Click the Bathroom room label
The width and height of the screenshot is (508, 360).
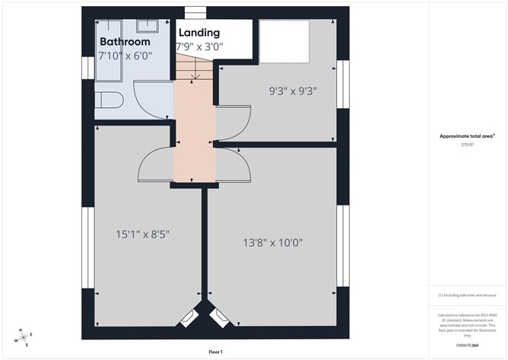click(125, 43)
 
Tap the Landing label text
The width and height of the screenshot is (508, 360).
click(199, 33)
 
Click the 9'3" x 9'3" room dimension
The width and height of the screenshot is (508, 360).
click(293, 91)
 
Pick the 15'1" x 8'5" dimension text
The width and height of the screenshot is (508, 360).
click(144, 234)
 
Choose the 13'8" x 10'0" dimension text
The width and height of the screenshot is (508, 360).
click(273, 243)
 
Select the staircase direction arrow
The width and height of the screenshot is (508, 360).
click(196, 75)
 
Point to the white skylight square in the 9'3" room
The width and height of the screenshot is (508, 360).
click(284, 42)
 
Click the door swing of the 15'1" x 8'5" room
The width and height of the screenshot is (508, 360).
click(156, 164)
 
